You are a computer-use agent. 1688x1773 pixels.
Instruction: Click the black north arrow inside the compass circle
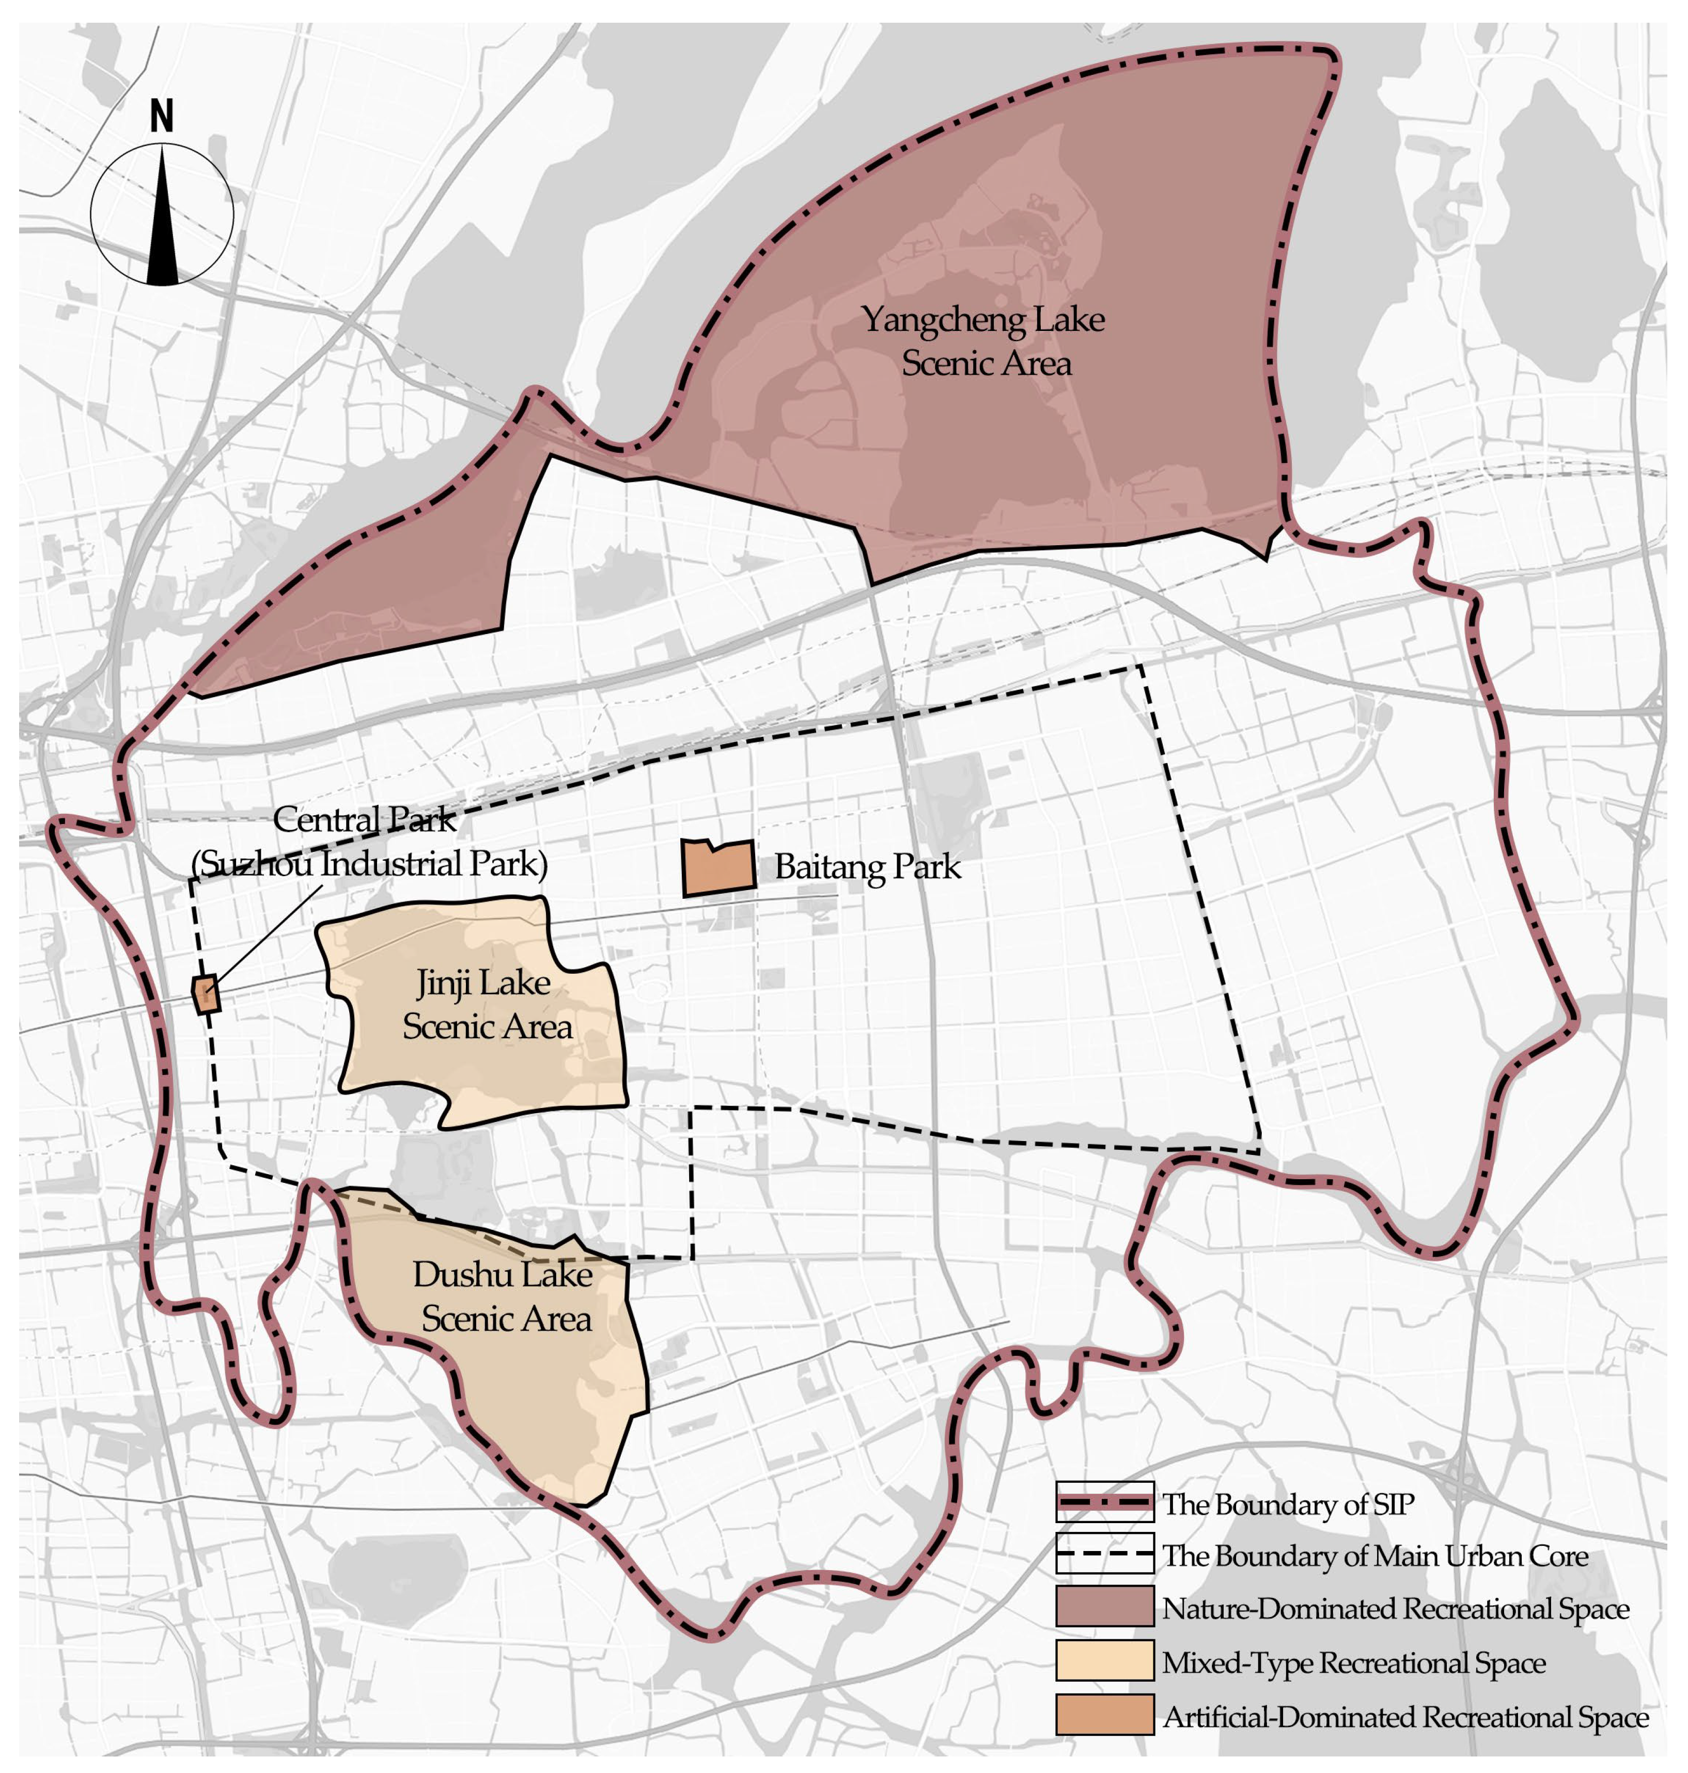pyautogui.click(x=162, y=225)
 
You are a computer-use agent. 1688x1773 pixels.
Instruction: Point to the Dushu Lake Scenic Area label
pyautogui.click(x=504, y=1296)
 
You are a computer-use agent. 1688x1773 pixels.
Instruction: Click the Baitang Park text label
pyautogui.click(x=867, y=867)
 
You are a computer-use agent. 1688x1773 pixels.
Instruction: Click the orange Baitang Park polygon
pyautogui.click(x=718, y=869)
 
